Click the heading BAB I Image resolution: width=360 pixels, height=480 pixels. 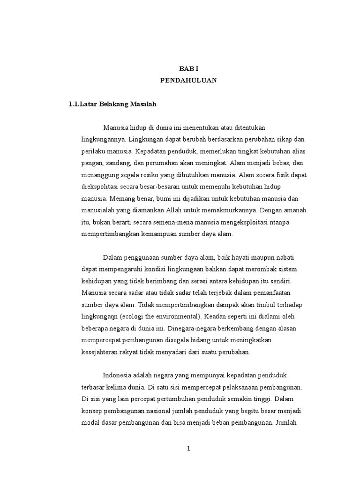click(188, 68)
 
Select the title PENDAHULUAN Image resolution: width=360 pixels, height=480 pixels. click(188, 80)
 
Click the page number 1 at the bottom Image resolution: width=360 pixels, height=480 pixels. click(188, 449)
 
